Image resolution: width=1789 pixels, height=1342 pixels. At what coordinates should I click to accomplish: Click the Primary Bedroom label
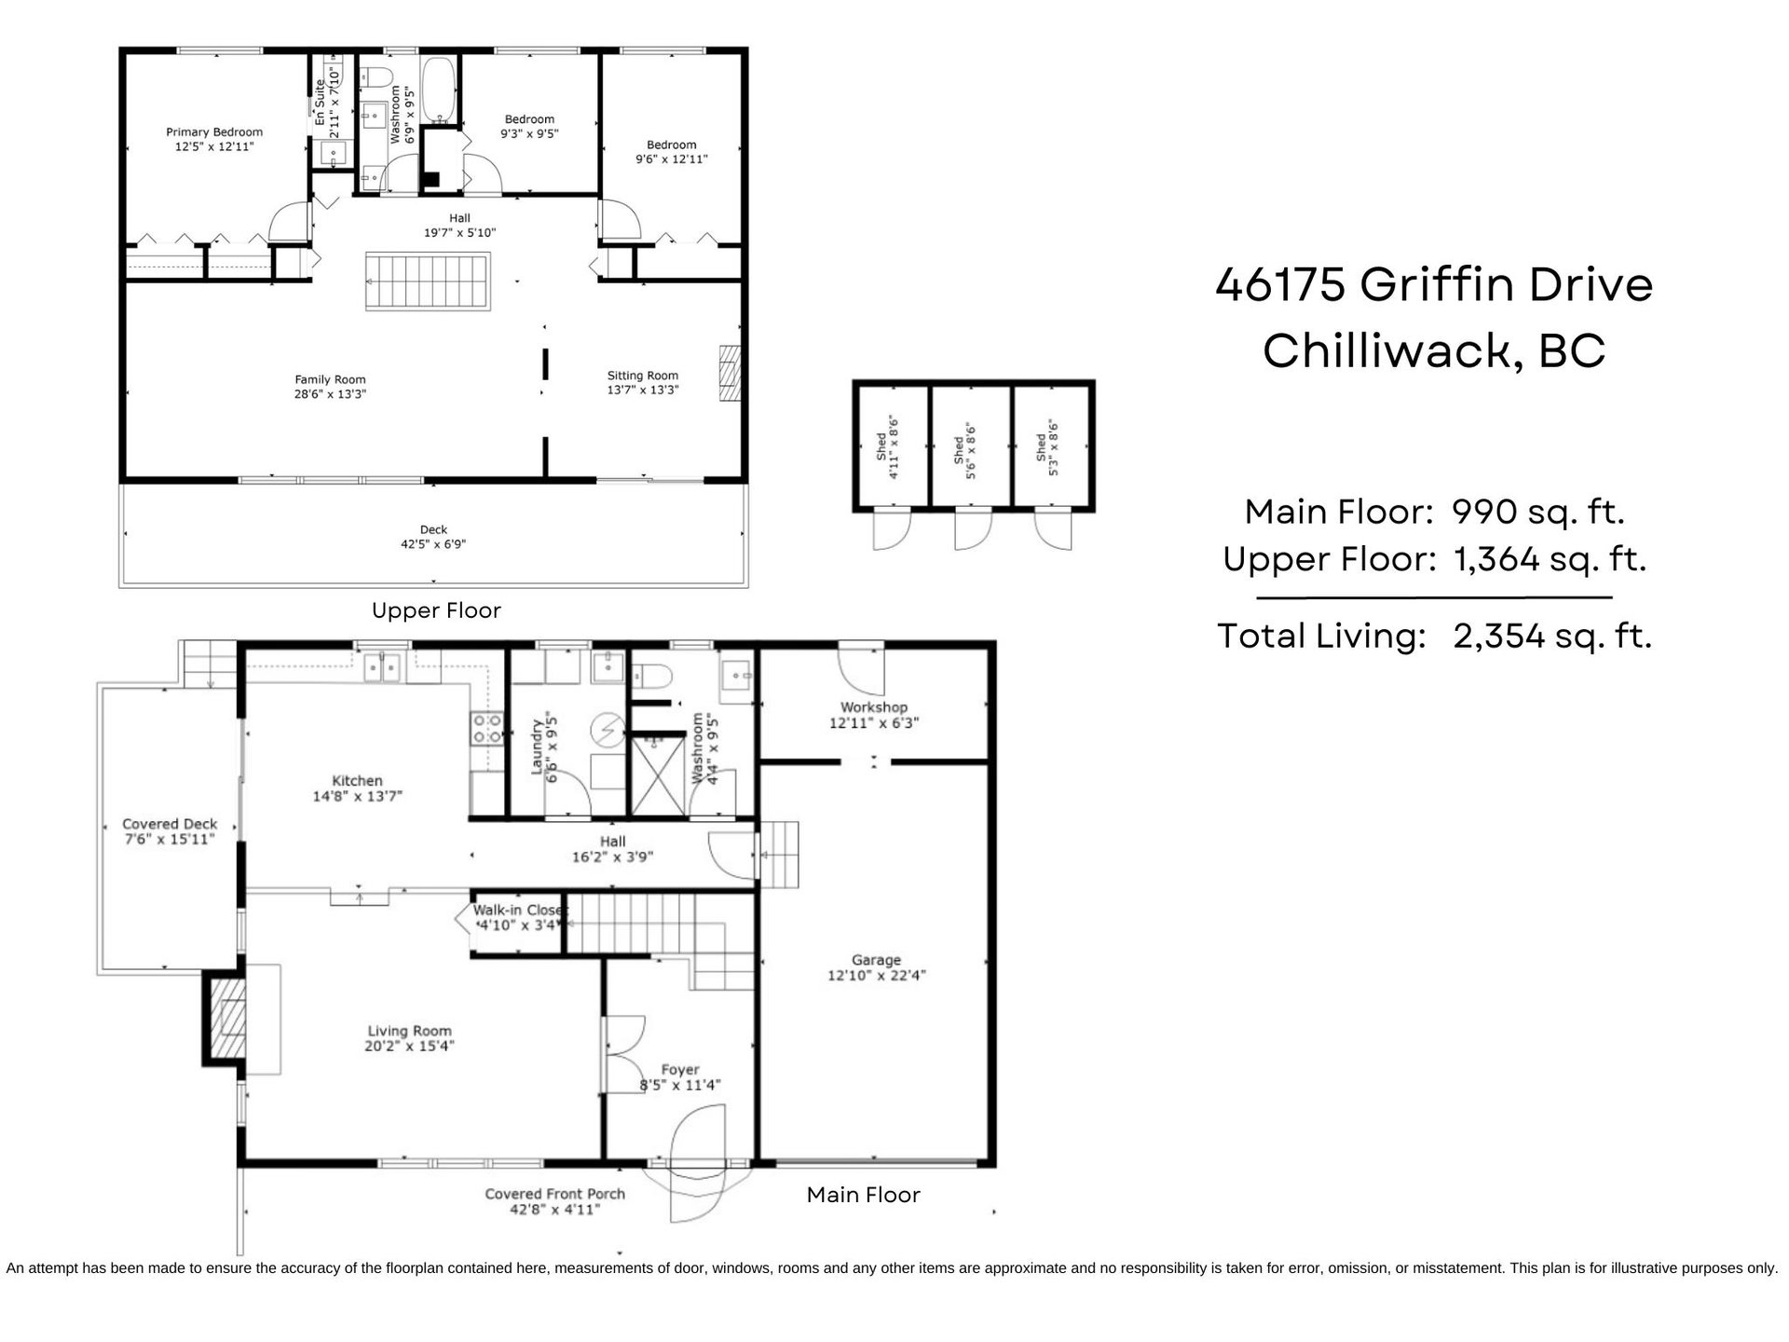[x=214, y=132]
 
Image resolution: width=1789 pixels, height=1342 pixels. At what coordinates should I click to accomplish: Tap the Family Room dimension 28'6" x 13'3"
[x=330, y=394]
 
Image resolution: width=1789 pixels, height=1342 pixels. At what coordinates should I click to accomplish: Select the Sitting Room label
[x=643, y=376]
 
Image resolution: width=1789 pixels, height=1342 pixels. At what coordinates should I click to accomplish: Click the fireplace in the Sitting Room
[x=730, y=373]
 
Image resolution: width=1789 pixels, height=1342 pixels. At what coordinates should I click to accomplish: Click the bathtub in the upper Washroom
[x=439, y=89]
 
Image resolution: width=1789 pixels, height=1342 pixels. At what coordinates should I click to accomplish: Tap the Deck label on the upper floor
[x=433, y=529]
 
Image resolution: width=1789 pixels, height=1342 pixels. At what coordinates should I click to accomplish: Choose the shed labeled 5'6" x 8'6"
[x=971, y=445]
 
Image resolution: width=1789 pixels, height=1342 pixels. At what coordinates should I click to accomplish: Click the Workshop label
[x=874, y=707]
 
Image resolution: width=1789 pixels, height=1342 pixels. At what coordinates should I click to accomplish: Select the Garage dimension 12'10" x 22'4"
[x=876, y=976]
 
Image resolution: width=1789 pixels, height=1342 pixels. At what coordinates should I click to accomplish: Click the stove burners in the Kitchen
[x=486, y=727]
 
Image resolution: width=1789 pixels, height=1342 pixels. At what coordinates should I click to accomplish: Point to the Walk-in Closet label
[x=520, y=911]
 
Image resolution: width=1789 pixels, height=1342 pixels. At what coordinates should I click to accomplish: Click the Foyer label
[x=680, y=1070]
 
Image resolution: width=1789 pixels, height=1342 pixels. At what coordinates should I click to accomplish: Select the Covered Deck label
[x=170, y=824]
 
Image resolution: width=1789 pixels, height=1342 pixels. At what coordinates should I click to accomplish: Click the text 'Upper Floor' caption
[x=436, y=610]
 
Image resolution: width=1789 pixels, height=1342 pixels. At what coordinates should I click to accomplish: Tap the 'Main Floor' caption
[x=863, y=1195]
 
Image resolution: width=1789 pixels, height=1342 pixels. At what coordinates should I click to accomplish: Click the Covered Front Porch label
[x=554, y=1194]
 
